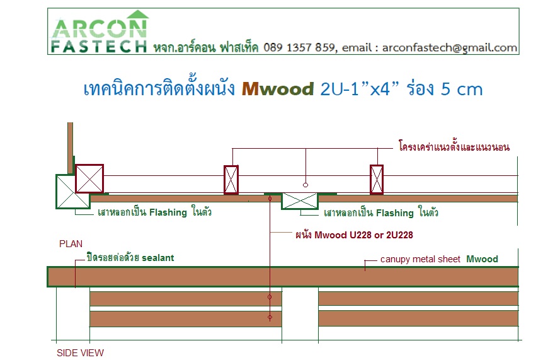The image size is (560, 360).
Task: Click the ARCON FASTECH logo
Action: click(x=99, y=32)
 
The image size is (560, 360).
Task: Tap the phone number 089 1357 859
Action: click(x=299, y=47)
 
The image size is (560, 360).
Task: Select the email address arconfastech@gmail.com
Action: click(x=449, y=47)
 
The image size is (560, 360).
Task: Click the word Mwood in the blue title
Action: click(x=278, y=89)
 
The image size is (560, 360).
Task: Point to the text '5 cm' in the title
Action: click(x=462, y=89)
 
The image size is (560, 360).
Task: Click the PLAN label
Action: click(x=71, y=244)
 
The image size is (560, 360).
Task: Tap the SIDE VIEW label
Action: click(x=80, y=353)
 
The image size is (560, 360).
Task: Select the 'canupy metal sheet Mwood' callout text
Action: click(x=439, y=259)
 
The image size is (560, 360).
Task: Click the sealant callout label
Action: click(x=130, y=257)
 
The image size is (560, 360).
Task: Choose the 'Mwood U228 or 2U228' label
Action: click(x=354, y=235)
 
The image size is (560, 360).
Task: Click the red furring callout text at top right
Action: click(x=454, y=146)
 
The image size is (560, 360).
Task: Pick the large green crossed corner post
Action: click(x=72, y=191)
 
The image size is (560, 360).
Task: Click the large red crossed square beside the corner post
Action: click(x=89, y=179)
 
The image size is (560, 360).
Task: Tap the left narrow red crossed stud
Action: click(x=231, y=180)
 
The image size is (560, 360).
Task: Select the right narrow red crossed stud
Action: click(x=377, y=180)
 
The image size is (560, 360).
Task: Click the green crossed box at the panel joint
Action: click(x=300, y=200)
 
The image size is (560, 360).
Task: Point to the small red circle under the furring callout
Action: click(x=306, y=185)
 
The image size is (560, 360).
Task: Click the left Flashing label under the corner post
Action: click(x=154, y=212)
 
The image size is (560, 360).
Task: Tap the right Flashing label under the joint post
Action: click(x=380, y=212)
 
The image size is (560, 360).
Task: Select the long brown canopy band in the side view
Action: click(x=283, y=277)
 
